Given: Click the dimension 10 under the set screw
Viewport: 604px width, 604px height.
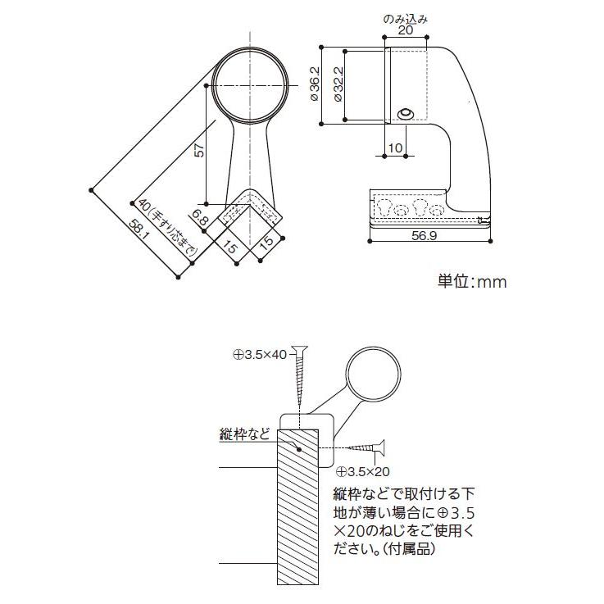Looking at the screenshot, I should (394, 148).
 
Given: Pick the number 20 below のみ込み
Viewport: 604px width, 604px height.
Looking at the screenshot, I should (405, 30).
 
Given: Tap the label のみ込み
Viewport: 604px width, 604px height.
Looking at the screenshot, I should (405, 17).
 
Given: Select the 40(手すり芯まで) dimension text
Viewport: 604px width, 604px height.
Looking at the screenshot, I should (168, 231).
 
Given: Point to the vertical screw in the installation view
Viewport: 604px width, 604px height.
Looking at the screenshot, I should (300, 377).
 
